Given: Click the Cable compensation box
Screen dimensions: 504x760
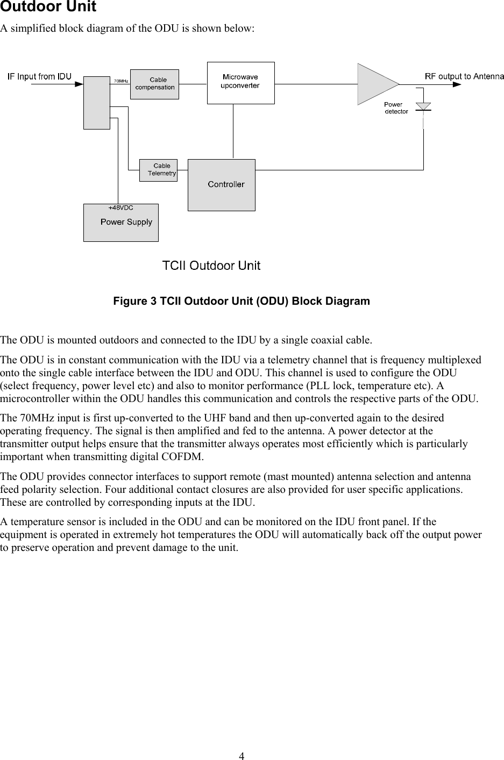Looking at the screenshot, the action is (x=154, y=84).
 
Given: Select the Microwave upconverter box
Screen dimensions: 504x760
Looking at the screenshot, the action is (x=240, y=83).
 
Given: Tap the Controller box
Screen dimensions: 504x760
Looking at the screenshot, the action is (x=221, y=185).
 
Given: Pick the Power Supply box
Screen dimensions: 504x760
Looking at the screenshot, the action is (x=120, y=223).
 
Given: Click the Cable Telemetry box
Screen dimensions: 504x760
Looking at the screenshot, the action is (x=158, y=170).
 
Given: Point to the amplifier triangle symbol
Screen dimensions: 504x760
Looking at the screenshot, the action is (x=375, y=84).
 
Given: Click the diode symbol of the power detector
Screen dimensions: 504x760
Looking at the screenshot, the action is (x=423, y=106).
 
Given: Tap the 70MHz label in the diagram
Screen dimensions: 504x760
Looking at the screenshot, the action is (x=120, y=81).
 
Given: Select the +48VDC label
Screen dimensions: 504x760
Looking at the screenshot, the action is (x=121, y=207).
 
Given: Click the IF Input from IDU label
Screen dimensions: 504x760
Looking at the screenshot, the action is (x=39, y=76).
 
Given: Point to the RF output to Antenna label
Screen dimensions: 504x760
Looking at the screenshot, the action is (x=464, y=76).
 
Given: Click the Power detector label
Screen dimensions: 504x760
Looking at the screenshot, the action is (x=396, y=108).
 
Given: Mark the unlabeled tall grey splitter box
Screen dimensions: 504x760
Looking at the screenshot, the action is (x=97, y=103).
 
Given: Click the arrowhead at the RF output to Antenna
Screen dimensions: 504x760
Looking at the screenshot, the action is (x=456, y=84).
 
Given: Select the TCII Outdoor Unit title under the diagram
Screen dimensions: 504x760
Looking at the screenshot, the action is (x=211, y=266).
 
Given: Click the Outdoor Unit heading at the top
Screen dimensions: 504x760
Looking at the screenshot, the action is (x=48, y=8).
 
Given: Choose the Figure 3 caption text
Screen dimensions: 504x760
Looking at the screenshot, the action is (x=242, y=301).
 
